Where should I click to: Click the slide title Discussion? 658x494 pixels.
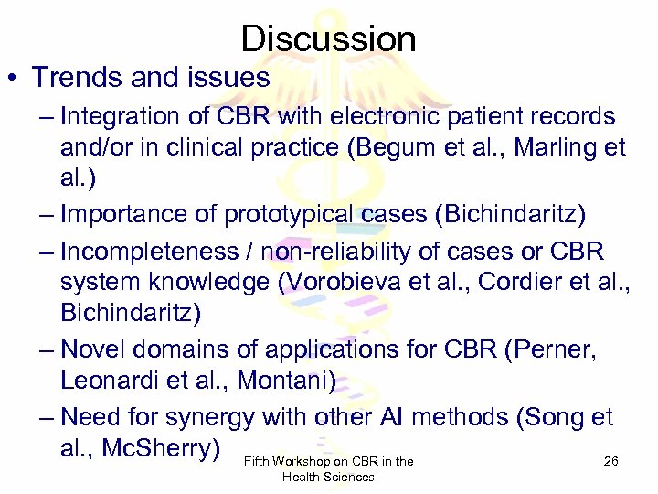point(329,38)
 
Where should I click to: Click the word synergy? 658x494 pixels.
point(210,417)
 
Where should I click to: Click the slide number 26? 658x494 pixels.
point(611,462)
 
